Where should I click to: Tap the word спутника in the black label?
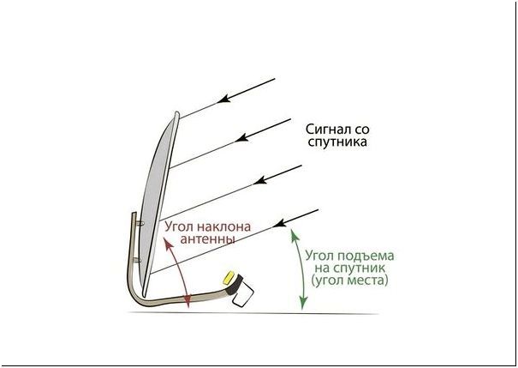(x=336, y=142)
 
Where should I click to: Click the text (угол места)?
(x=350, y=281)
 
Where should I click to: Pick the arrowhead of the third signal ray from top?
(x=260, y=178)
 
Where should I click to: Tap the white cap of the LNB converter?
(x=240, y=296)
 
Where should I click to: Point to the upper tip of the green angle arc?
(x=293, y=231)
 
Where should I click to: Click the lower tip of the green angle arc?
(x=301, y=305)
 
